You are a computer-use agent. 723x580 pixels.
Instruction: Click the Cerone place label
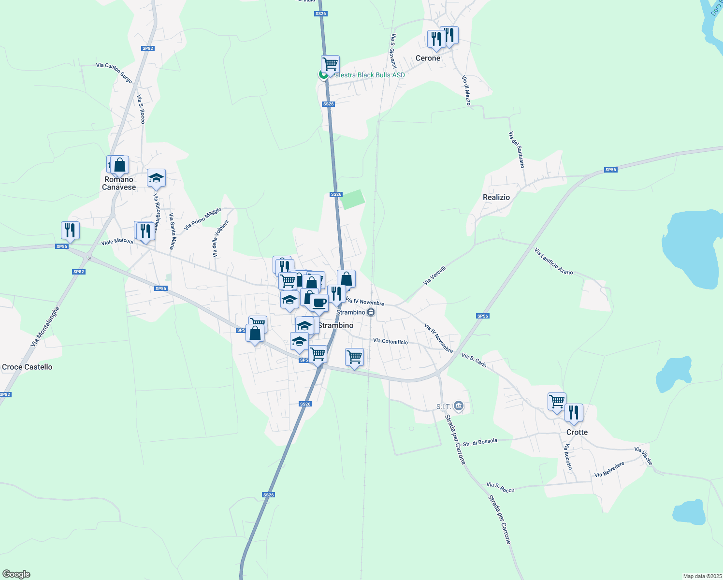428,58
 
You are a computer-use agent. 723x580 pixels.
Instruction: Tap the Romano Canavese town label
119,183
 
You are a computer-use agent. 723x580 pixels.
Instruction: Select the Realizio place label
496,197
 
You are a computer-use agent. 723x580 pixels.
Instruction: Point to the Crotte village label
577,432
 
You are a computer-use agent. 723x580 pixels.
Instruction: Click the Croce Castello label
27,367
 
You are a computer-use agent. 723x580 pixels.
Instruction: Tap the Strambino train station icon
371,312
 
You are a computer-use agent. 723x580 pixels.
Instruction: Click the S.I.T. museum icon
459,406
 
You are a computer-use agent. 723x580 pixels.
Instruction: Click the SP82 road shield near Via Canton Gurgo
147,48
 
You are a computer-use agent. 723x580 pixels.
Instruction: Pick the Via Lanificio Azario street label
554,261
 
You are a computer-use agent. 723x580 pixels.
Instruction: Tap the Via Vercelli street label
434,275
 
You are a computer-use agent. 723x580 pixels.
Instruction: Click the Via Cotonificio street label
390,341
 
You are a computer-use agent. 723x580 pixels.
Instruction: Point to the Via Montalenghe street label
45,326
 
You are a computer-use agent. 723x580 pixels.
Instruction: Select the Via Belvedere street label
609,469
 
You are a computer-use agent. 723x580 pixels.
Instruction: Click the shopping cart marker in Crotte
557,401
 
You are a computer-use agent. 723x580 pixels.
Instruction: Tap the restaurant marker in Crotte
574,412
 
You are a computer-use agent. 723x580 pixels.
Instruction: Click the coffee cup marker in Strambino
319,303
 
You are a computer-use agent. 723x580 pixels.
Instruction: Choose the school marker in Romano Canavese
156,178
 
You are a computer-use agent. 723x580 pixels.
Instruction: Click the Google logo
16,574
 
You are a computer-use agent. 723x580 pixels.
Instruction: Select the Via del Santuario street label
517,150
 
